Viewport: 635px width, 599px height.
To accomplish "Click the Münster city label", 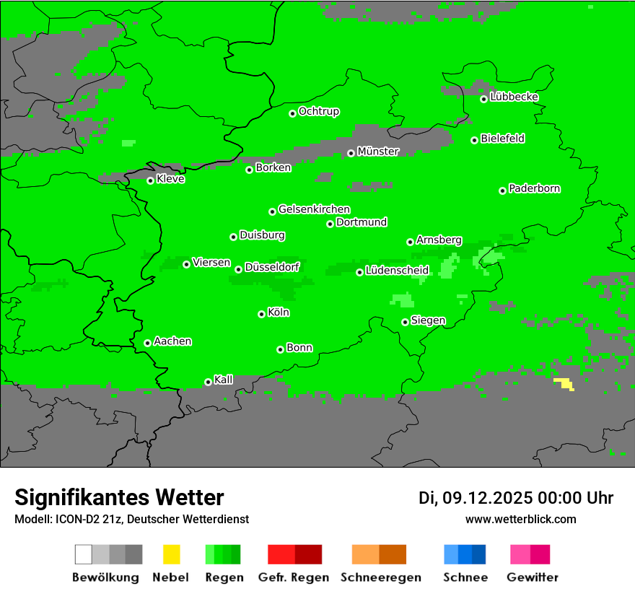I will (378, 152).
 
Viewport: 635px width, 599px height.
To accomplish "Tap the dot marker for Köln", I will (261, 314).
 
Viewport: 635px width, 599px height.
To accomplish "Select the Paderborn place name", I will (535, 189).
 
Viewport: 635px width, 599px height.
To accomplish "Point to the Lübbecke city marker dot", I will (483, 99).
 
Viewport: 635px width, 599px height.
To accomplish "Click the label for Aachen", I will (172, 341).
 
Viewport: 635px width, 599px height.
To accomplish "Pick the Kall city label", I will (224, 380).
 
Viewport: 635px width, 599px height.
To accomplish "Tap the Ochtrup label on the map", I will (319, 112).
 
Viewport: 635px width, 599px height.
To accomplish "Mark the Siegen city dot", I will (405, 322).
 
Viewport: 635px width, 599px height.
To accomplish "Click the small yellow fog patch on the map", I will (564, 383).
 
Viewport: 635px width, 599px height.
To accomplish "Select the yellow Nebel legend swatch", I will (171, 554).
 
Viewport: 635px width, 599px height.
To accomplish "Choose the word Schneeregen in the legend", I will (380, 577).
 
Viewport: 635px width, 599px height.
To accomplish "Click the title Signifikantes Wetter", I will (119, 497).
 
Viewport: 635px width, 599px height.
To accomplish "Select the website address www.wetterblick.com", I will (521, 519).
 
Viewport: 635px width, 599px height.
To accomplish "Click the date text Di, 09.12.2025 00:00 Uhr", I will (516, 498).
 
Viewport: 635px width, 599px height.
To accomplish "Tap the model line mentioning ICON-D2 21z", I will (131, 519).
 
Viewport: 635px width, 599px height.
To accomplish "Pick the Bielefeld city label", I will (503, 139).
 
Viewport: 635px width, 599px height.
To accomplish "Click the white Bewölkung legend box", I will (84, 554).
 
